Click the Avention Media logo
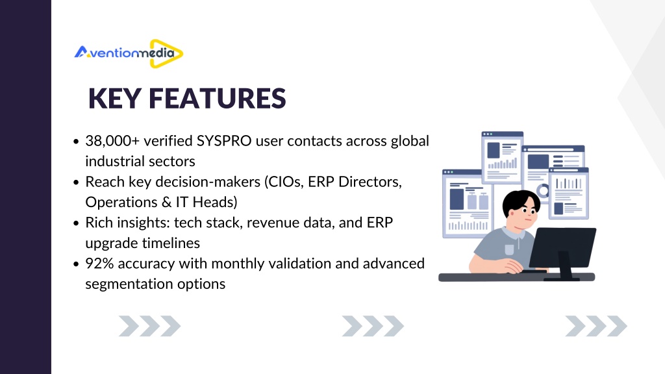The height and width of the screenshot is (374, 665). pos(129,53)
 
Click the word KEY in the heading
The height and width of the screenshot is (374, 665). pos(114,99)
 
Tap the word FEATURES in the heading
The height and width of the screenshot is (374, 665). pos(217,99)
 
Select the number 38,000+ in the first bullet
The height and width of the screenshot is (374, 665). pos(112,141)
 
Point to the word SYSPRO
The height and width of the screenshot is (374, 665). pos(224,141)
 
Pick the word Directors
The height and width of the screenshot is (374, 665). pos(370,182)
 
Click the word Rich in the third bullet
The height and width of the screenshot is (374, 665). pos(99,223)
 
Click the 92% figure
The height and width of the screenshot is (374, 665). pos(99,264)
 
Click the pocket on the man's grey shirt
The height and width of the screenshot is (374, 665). pos(509,249)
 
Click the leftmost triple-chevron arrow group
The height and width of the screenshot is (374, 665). pos(150,326)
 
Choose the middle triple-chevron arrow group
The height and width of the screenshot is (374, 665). pos(373,326)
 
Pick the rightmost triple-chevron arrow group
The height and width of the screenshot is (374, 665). pos(596,326)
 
